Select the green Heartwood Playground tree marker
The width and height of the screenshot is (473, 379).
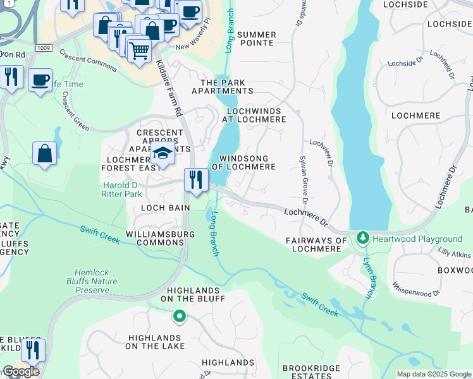(x=362, y=238)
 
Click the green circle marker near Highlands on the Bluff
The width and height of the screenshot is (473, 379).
(x=179, y=316)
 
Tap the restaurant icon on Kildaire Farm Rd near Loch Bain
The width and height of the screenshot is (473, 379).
(x=196, y=179)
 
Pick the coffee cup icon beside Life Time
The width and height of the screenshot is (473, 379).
(x=40, y=80)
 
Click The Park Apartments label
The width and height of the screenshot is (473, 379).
(x=231, y=87)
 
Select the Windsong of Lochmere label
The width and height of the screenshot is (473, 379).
(x=247, y=162)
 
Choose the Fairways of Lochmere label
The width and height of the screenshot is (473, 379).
(x=316, y=244)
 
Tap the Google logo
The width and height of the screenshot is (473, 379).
(x=21, y=371)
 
